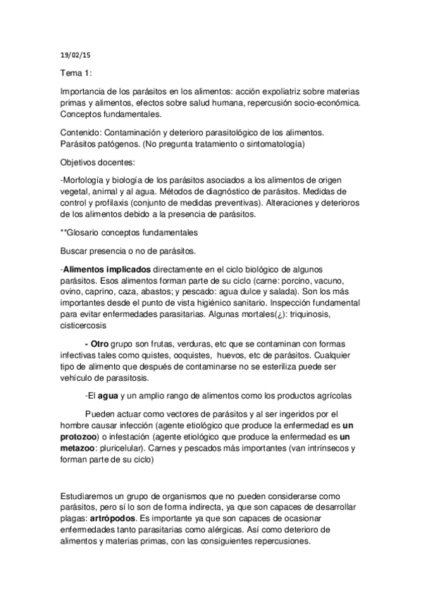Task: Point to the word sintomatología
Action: tap(271, 144)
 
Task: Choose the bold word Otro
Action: tap(98, 346)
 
